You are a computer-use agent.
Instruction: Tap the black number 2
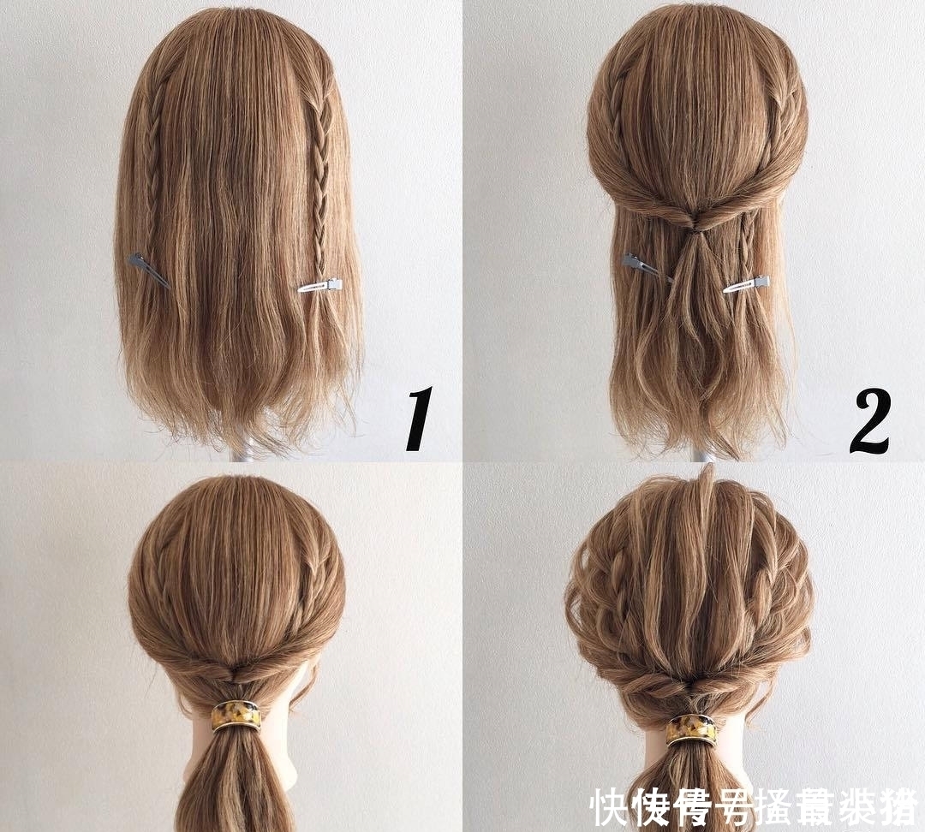[871, 420]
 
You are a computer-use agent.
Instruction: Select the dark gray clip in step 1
[147, 267]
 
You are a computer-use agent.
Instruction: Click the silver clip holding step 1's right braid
[320, 286]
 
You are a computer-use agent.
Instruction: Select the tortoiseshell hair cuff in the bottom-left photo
[236, 715]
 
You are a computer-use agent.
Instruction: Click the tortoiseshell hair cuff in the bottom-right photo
[692, 728]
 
